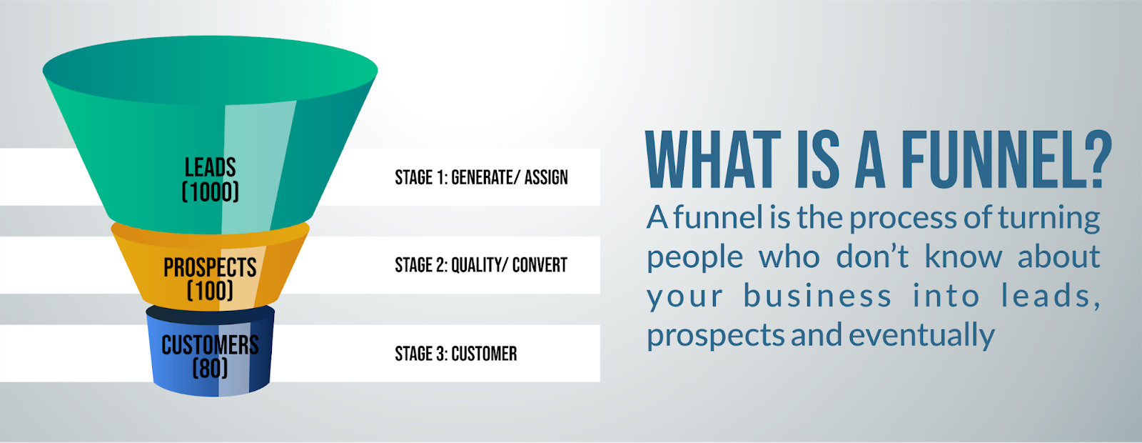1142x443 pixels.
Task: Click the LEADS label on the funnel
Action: point(210,167)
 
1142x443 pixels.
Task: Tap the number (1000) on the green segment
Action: point(210,192)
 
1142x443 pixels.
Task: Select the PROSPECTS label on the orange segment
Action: point(210,267)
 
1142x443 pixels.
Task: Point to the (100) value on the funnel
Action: point(210,291)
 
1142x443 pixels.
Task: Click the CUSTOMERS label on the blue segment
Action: point(210,346)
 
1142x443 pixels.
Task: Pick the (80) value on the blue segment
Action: point(210,369)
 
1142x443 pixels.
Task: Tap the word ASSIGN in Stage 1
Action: point(546,178)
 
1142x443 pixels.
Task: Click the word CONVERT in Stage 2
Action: point(540,265)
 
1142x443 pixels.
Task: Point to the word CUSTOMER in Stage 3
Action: point(485,354)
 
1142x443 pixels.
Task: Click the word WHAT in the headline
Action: point(713,159)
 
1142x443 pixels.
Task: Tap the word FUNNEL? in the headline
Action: point(1006,159)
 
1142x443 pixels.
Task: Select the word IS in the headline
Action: point(817,159)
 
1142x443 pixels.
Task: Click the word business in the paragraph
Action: point(817,295)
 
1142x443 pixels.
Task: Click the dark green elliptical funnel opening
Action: point(210,71)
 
